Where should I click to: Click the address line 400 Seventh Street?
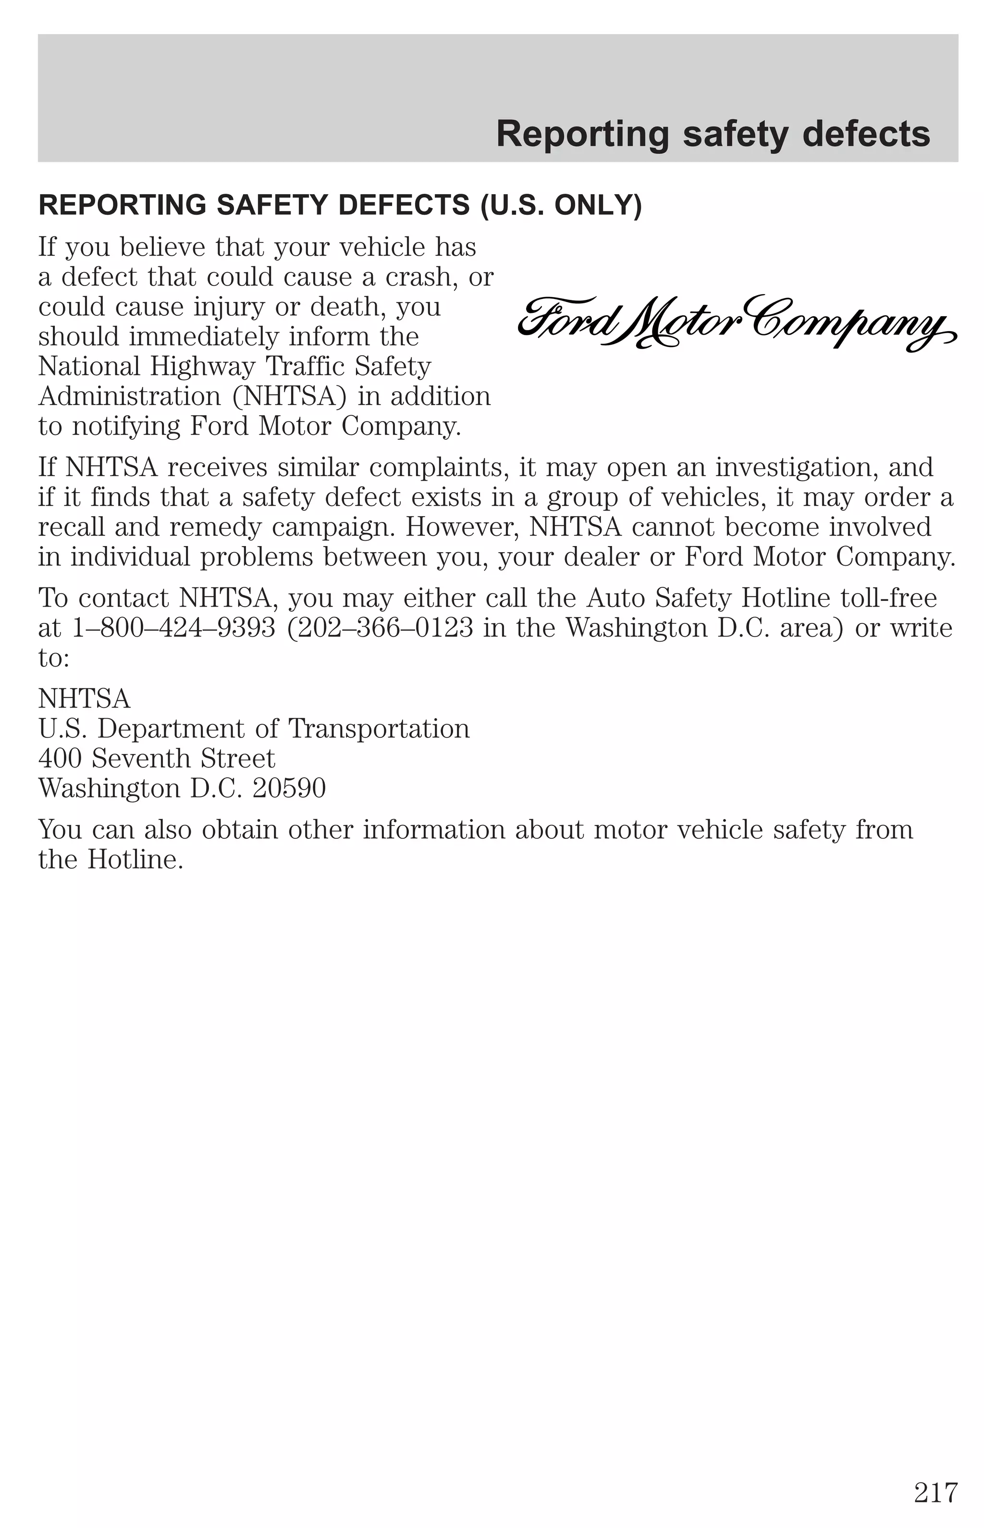click(x=157, y=758)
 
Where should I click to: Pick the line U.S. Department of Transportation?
click(x=254, y=729)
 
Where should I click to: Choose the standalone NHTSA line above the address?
click(x=85, y=699)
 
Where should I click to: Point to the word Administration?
click(x=130, y=396)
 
